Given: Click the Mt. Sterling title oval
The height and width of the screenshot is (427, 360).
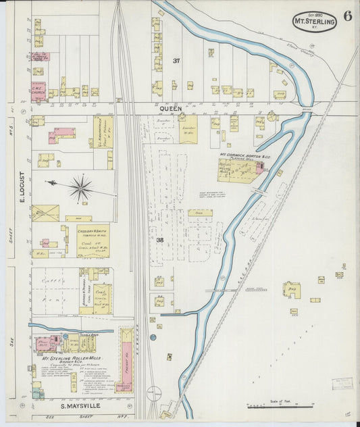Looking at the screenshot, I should click(x=315, y=22).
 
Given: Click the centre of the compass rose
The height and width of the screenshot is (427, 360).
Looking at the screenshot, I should click(x=81, y=188).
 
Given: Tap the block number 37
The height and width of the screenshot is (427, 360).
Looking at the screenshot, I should click(x=176, y=61).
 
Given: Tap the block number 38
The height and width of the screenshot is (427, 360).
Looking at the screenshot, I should click(x=160, y=240).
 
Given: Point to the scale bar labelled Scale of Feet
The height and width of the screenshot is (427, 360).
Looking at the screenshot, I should click(x=280, y=406).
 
